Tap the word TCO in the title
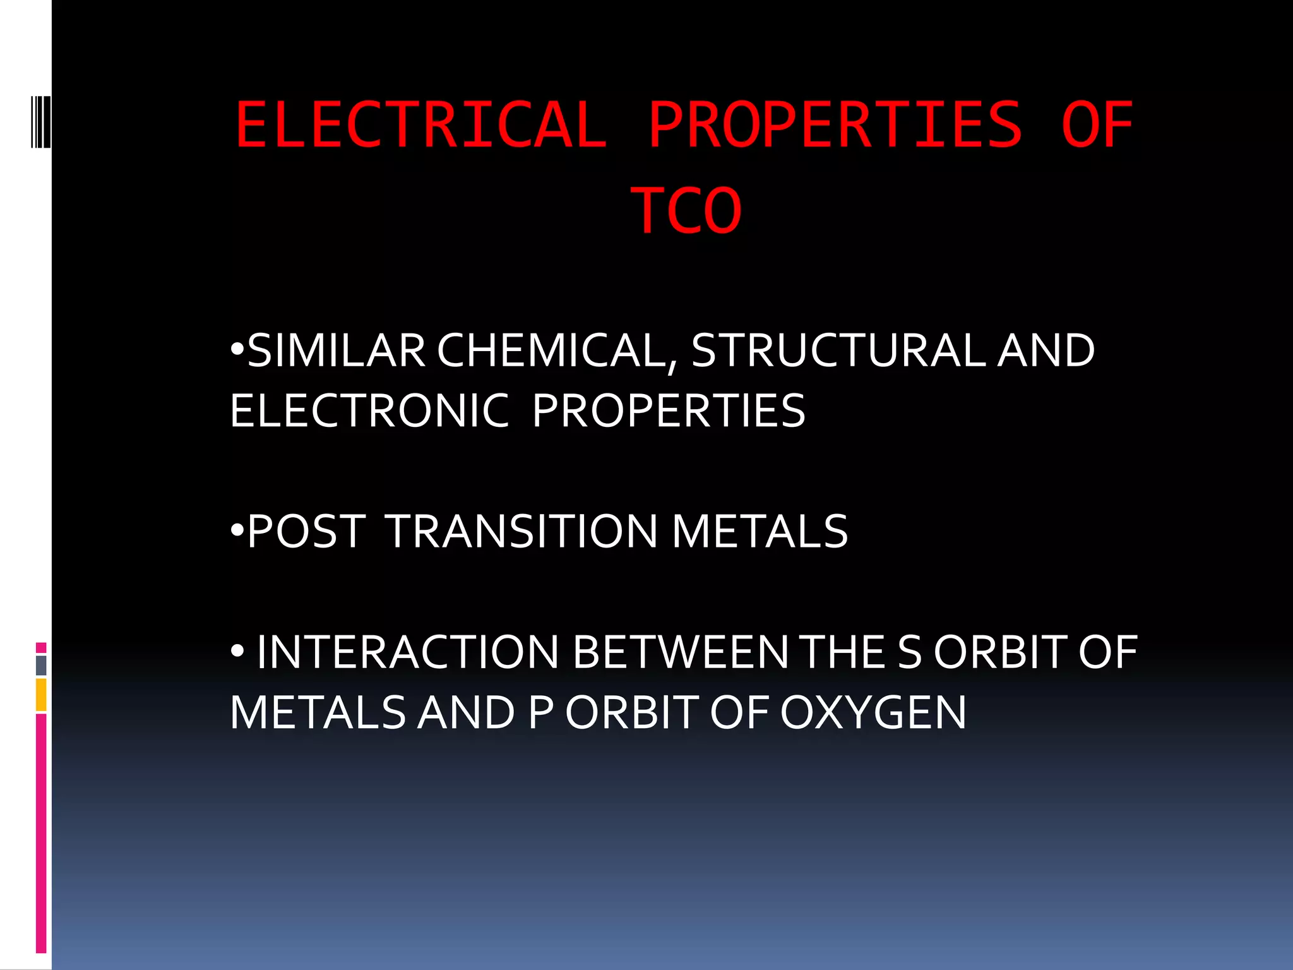tap(686, 211)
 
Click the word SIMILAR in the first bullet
tap(336, 350)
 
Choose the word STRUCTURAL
tap(838, 350)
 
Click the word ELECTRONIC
tap(369, 411)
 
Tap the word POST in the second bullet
tap(307, 531)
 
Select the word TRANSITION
tap(521, 531)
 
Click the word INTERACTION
tap(407, 652)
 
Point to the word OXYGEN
tap(873, 712)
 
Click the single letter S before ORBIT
tap(909, 652)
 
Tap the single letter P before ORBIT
tap(540, 712)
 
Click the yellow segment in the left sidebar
tap(41, 695)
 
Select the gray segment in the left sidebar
tap(41, 665)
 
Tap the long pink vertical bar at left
tap(41, 834)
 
